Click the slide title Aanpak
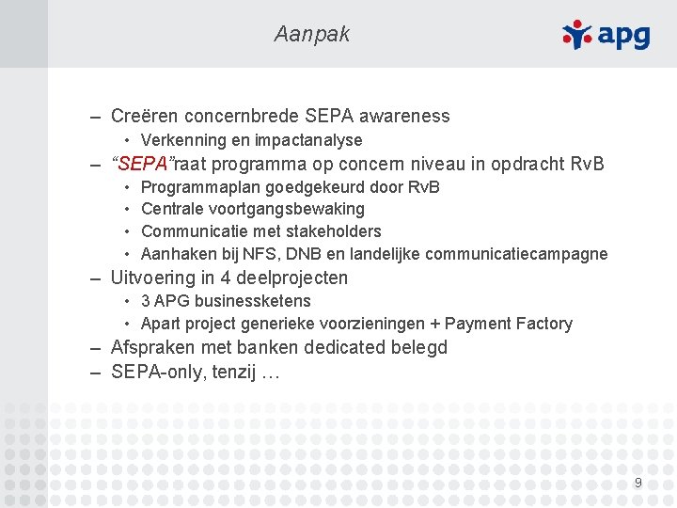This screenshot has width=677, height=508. point(311,35)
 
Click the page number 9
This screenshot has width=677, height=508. point(638,483)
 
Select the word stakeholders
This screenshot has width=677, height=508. point(335,231)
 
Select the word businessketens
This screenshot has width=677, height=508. point(254,301)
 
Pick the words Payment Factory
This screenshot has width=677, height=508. point(508,324)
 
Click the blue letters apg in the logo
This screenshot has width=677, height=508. point(622,36)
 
